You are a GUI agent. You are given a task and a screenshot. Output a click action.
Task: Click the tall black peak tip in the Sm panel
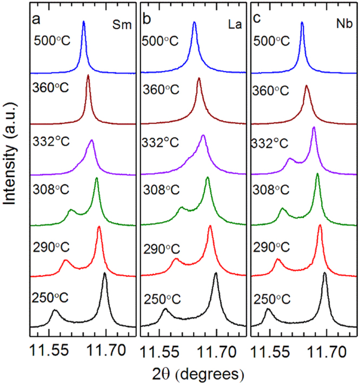click(104, 274)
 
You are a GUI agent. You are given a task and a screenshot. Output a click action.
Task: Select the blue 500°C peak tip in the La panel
click(195, 22)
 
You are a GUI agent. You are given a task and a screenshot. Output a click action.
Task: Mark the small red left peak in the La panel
click(176, 260)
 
